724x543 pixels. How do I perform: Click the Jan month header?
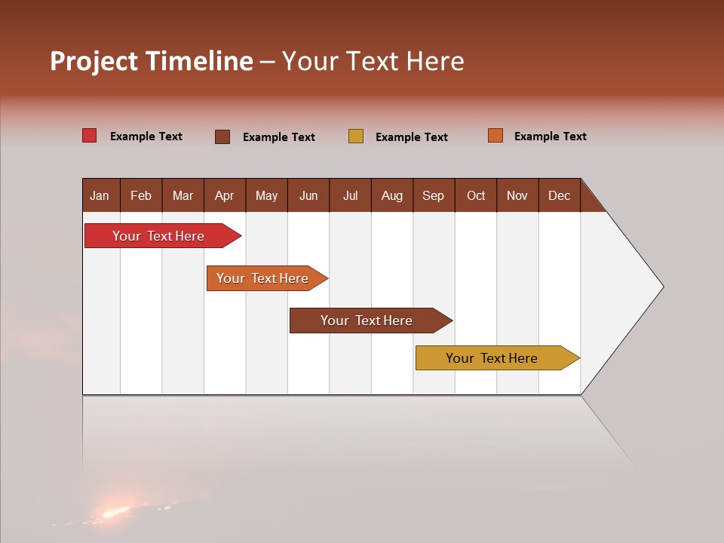point(100,195)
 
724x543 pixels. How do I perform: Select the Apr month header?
point(225,195)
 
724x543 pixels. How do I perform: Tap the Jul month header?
point(351,195)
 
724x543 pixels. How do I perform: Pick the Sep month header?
point(434,195)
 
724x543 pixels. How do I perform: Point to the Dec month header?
point(560,195)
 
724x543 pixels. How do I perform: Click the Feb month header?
point(141,195)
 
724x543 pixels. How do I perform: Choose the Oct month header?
point(476,195)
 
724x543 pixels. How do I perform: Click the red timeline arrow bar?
point(159,236)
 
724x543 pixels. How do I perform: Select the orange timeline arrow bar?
point(263,278)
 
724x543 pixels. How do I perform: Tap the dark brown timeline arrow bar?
point(367,321)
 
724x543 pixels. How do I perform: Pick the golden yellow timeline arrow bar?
point(492,358)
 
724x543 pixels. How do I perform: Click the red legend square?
point(90,136)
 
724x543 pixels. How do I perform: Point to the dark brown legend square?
point(222,137)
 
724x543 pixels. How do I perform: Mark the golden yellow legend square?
point(356,137)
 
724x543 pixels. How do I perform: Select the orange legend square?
point(495,136)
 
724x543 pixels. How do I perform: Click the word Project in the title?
point(94,61)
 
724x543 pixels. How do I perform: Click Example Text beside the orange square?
point(550,137)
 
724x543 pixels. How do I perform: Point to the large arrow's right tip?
point(661,287)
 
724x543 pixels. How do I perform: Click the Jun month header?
point(308,195)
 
